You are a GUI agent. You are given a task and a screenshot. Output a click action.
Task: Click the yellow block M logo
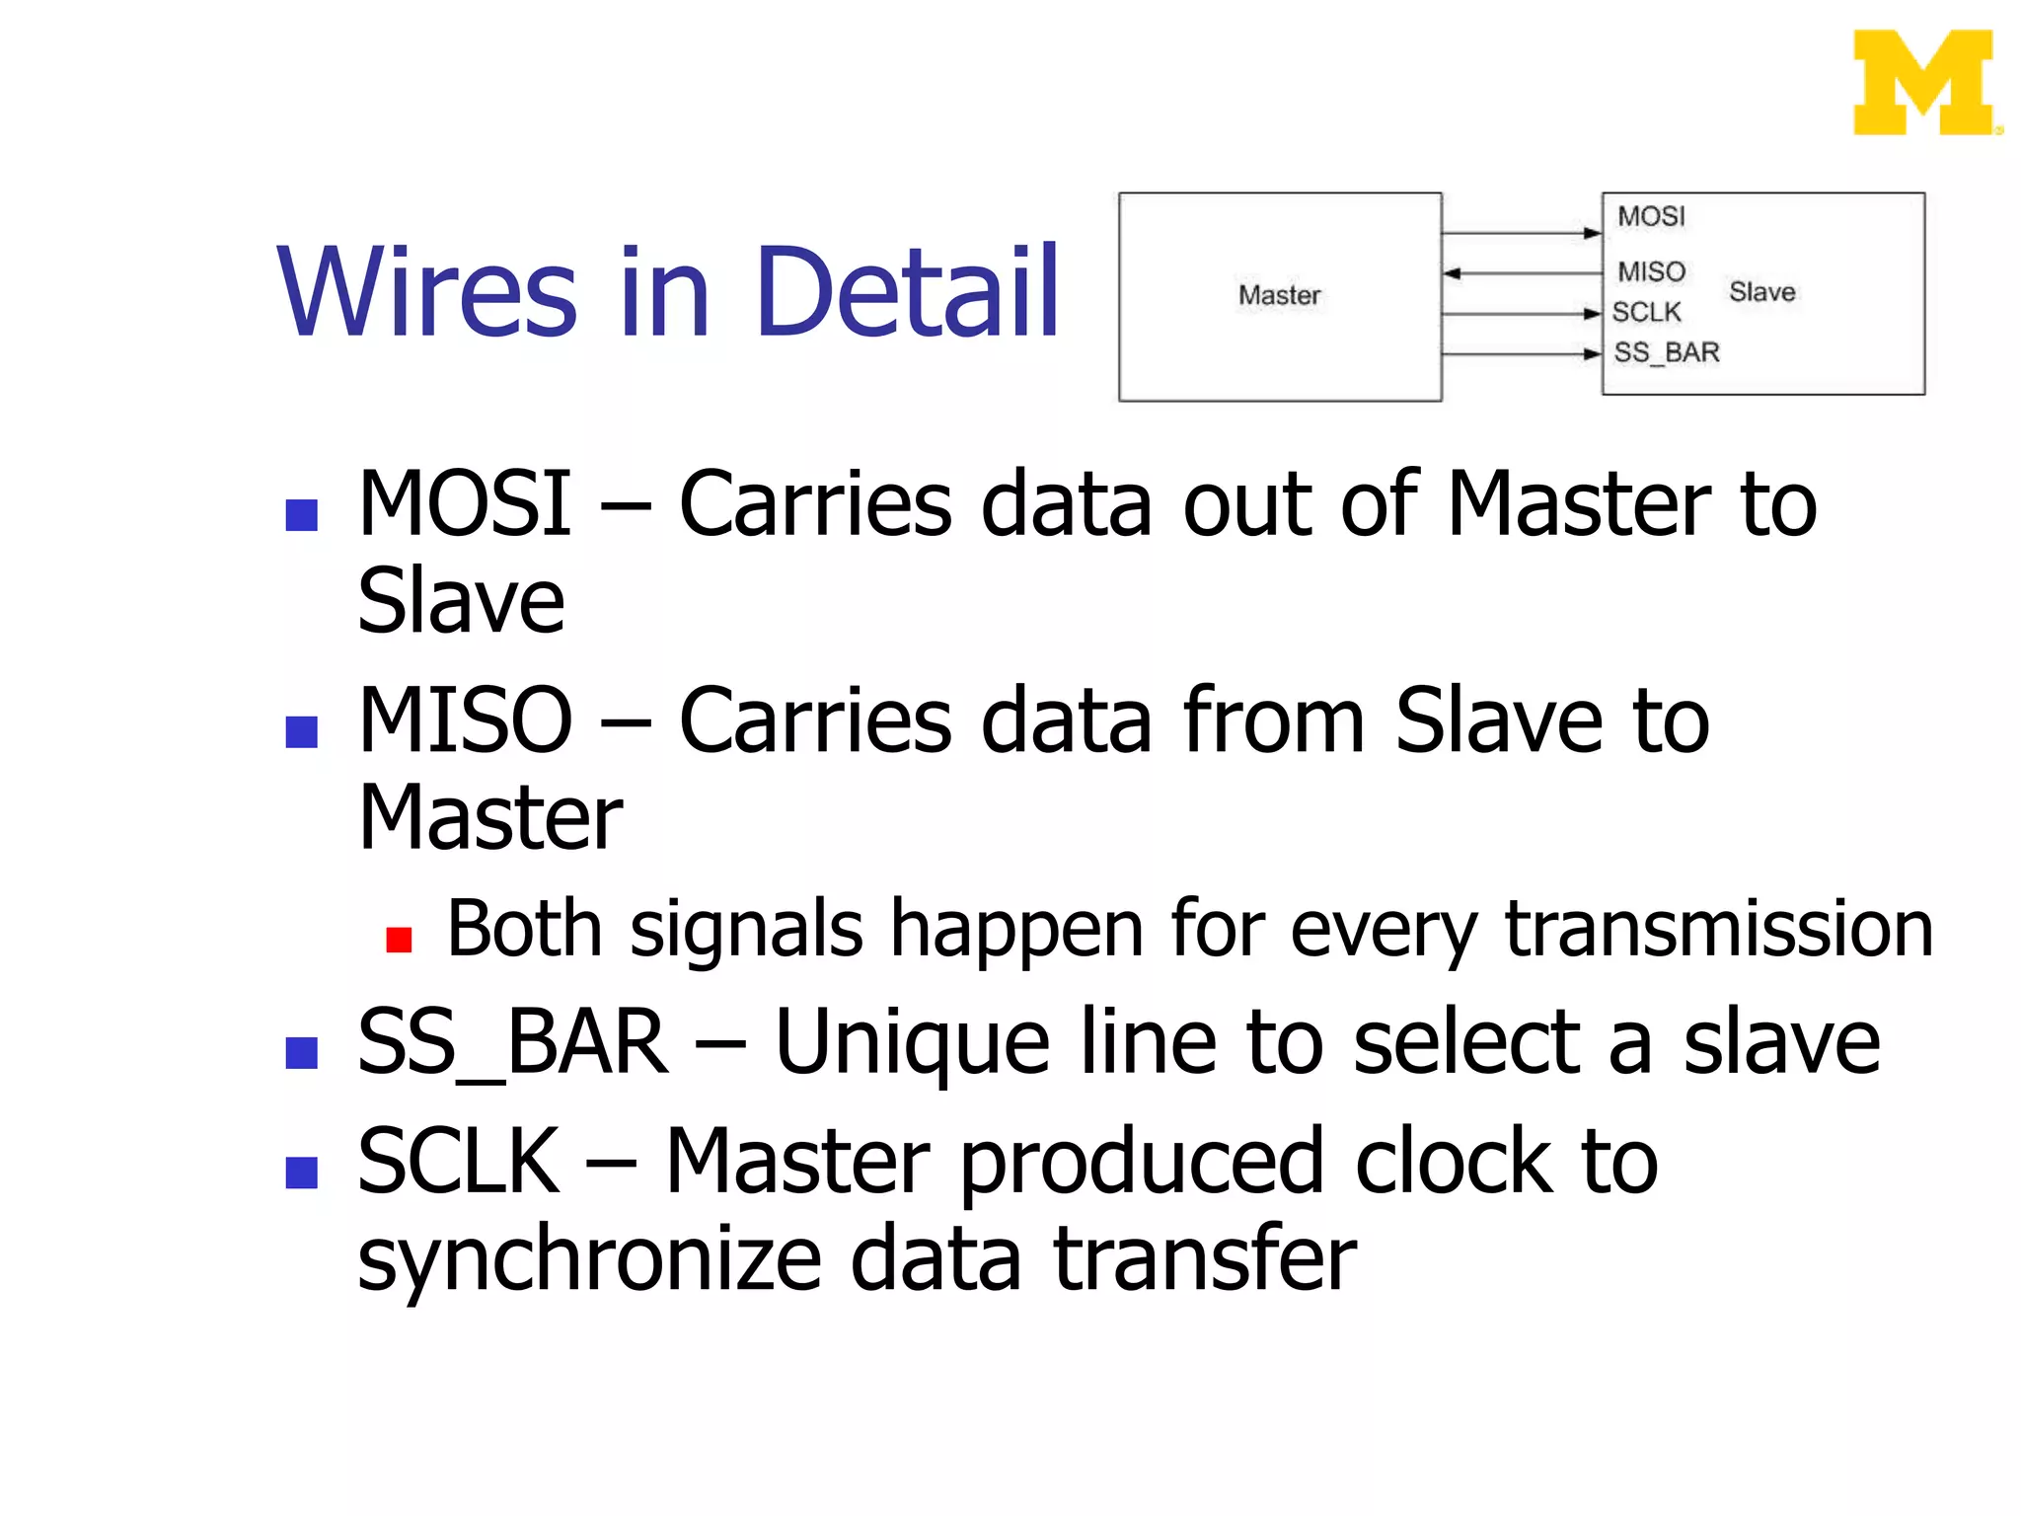coord(1924,83)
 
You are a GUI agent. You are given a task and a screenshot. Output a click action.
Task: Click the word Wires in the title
coord(426,292)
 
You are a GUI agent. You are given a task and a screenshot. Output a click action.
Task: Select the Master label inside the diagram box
coord(1279,295)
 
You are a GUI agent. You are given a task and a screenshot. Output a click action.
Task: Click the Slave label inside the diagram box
coord(1761,292)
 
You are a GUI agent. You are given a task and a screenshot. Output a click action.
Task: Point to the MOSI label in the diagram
coord(1651,216)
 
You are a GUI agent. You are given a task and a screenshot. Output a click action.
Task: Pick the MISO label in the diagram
coord(1651,271)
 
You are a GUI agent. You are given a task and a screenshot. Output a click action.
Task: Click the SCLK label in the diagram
coord(1646,312)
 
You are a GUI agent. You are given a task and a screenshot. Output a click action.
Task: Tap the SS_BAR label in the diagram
coord(1667,352)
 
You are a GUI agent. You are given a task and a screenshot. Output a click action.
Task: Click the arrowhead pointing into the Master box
coord(1453,273)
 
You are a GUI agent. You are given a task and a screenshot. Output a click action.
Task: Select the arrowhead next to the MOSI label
coord(1591,234)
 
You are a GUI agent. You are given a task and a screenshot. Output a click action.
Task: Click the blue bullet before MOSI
coord(301,515)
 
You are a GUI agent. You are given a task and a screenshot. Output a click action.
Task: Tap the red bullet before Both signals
coord(399,939)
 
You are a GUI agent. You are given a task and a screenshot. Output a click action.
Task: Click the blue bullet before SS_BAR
coord(301,1053)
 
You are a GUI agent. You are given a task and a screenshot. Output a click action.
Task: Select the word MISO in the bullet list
coord(465,720)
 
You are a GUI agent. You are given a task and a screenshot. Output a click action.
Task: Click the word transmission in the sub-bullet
coord(1718,929)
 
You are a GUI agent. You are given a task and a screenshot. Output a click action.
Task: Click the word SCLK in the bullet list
coord(458,1162)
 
